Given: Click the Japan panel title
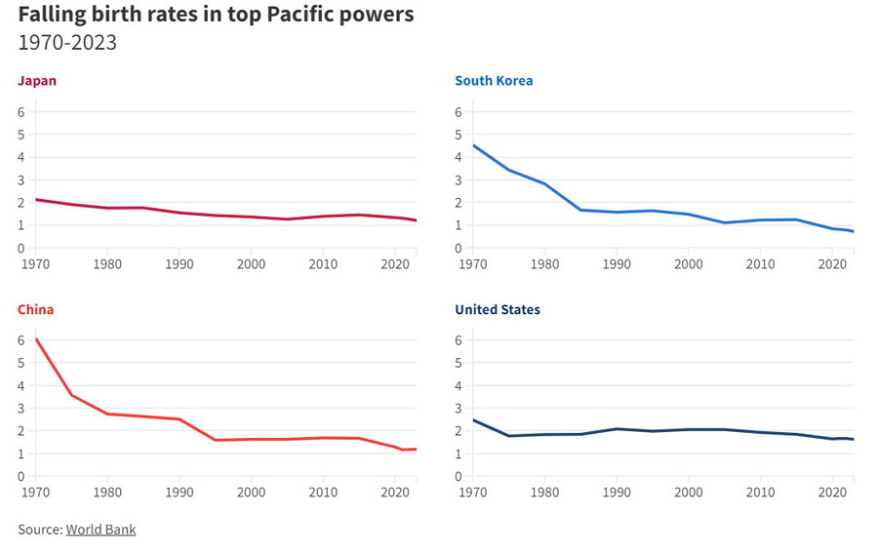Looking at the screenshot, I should [x=37, y=81].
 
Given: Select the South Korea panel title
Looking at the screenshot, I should [x=494, y=81].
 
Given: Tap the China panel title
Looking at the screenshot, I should [x=36, y=309].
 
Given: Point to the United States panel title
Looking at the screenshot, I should [x=498, y=309].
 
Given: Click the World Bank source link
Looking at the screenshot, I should [x=100, y=530].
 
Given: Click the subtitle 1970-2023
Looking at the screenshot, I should [x=67, y=43].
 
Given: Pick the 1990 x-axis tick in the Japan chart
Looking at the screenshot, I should [x=179, y=263].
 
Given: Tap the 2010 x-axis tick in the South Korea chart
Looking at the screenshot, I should [x=760, y=263].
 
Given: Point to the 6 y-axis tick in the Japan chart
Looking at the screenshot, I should [x=21, y=112].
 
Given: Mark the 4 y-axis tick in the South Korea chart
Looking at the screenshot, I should [x=459, y=157].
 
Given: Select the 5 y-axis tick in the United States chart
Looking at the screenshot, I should [x=459, y=363].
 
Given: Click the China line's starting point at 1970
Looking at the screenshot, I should [x=35, y=339].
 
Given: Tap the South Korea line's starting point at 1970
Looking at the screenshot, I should [x=472, y=145].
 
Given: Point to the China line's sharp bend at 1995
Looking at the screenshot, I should [x=215, y=440].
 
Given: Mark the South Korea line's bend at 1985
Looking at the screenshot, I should [x=580, y=210].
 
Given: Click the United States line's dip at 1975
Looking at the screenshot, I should [x=508, y=436].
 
